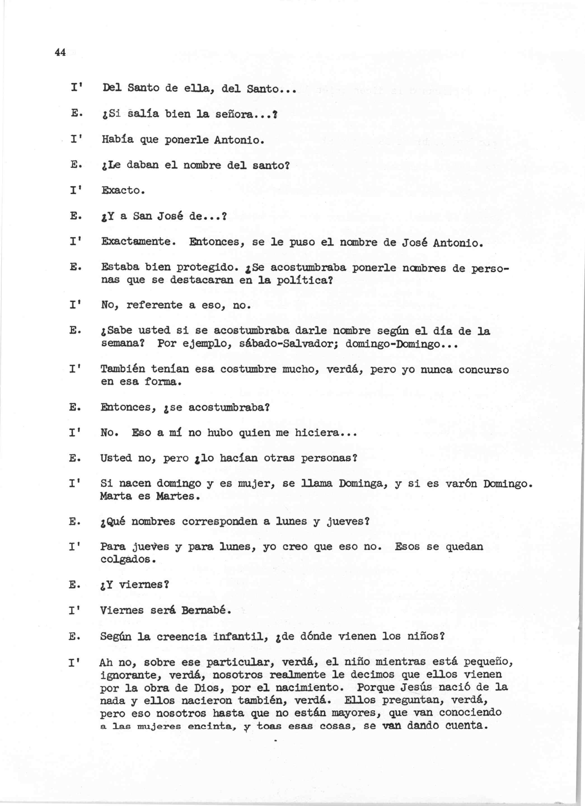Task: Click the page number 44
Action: (x=60, y=53)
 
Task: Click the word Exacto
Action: (x=122, y=191)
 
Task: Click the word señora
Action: (x=236, y=114)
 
